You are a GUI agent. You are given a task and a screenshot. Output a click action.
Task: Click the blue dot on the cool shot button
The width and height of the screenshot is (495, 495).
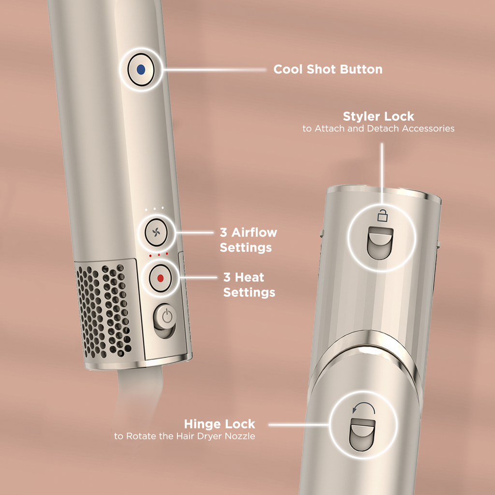[141, 70]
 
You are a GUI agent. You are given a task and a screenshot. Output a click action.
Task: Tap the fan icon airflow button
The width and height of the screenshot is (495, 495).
[156, 233]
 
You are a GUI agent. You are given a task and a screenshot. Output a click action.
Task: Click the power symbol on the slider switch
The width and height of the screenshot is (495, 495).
[167, 316]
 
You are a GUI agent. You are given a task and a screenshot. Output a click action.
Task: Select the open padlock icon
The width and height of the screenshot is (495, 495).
[382, 215]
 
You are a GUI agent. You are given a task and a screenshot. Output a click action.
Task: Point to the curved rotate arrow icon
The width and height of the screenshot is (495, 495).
[364, 408]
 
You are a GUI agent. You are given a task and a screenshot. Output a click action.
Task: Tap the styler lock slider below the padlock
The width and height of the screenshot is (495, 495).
[380, 243]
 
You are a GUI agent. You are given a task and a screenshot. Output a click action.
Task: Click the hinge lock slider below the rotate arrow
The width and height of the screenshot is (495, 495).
[362, 435]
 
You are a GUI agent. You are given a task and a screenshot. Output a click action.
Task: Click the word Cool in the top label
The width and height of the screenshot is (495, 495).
[288, 70]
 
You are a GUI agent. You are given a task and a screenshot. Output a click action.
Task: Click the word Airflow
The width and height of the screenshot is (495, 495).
[254, 233]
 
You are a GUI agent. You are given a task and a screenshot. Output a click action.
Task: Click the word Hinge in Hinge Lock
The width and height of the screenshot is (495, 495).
[201, 424]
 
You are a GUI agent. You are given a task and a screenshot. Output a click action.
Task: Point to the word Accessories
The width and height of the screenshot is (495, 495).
[428, 129]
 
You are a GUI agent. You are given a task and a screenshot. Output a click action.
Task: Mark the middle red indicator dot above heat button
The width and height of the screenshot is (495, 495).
[159, 254]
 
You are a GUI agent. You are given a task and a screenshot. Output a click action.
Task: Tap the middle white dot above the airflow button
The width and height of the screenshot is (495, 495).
[154, 209]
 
